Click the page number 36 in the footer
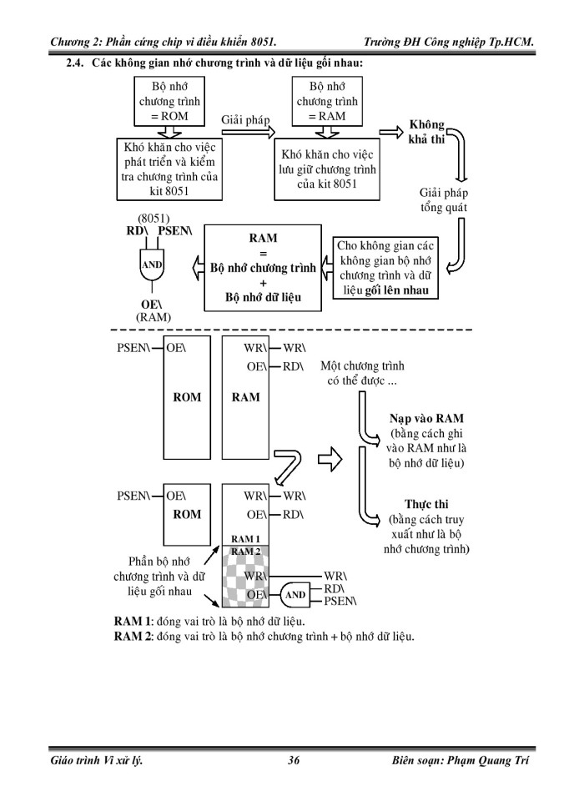293,760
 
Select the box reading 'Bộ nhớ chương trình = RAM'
327,101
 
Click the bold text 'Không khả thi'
426,132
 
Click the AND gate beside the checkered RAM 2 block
295,595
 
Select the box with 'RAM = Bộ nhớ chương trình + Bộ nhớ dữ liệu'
263,267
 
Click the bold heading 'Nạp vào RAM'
427,419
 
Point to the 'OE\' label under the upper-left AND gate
151,305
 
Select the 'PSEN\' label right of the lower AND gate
340,602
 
